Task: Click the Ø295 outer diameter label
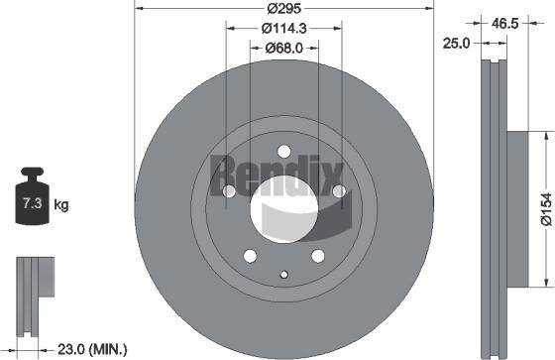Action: coord(283,10)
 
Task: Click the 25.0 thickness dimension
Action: coord(456,45)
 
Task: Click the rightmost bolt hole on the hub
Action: coord(338,190)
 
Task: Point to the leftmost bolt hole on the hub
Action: coord(229,191)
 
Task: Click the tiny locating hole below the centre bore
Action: coord(283,275)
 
